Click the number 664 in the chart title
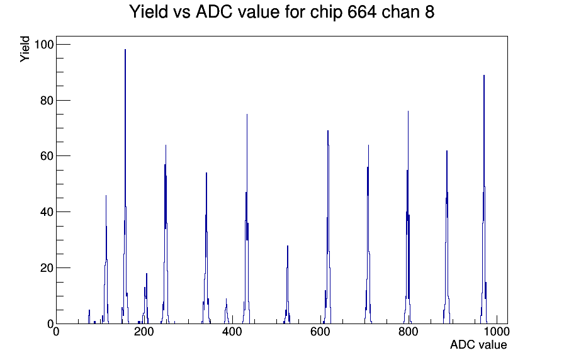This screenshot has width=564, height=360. (362, 11)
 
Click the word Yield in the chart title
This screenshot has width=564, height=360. (149, 11)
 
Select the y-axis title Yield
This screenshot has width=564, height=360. (25, 49)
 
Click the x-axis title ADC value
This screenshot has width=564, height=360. (478, 344)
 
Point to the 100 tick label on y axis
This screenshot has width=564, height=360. (43, 45)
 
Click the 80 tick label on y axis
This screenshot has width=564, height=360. (47, 100)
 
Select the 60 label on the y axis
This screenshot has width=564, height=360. (47, 156)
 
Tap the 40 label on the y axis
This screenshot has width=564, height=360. (47, 212)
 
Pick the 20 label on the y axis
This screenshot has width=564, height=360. (47, 268)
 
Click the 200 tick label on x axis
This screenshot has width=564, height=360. (144, 331)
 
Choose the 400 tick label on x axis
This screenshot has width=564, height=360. (232, 331)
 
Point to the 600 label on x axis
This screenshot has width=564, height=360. (320, 331)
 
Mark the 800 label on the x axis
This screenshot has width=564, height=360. (409, 331)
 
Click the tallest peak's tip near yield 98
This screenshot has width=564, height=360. (125, 50)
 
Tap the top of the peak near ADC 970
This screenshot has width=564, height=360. (484, 75)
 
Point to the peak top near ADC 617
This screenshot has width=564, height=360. (328, 130)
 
